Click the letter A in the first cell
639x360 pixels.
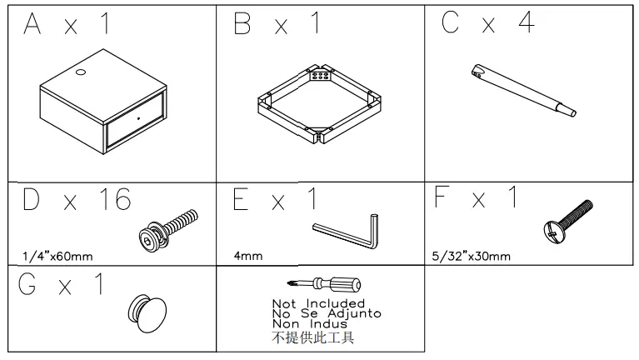pyautogui.click(x=32, y=26)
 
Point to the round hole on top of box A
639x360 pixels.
pyautogui.click(x=80, y=74)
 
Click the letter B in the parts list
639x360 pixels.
pyautogui.click(x=242, y=26)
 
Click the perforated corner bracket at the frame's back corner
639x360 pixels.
pyautogui.click(x=318, y=75)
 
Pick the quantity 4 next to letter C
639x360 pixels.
pyautogui.click(x=526, y=26)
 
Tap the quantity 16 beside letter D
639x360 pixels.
pyautogui.click(x=112, y=200)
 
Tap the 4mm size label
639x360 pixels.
pyautogui.click(x=248, y=256)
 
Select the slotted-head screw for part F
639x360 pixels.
pyautogui.click(x=567, y=218)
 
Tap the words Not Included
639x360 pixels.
pyautogui.click(x=318, y=303)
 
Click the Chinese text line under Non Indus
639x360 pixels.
pyautogui.click(x=313, y=337)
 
